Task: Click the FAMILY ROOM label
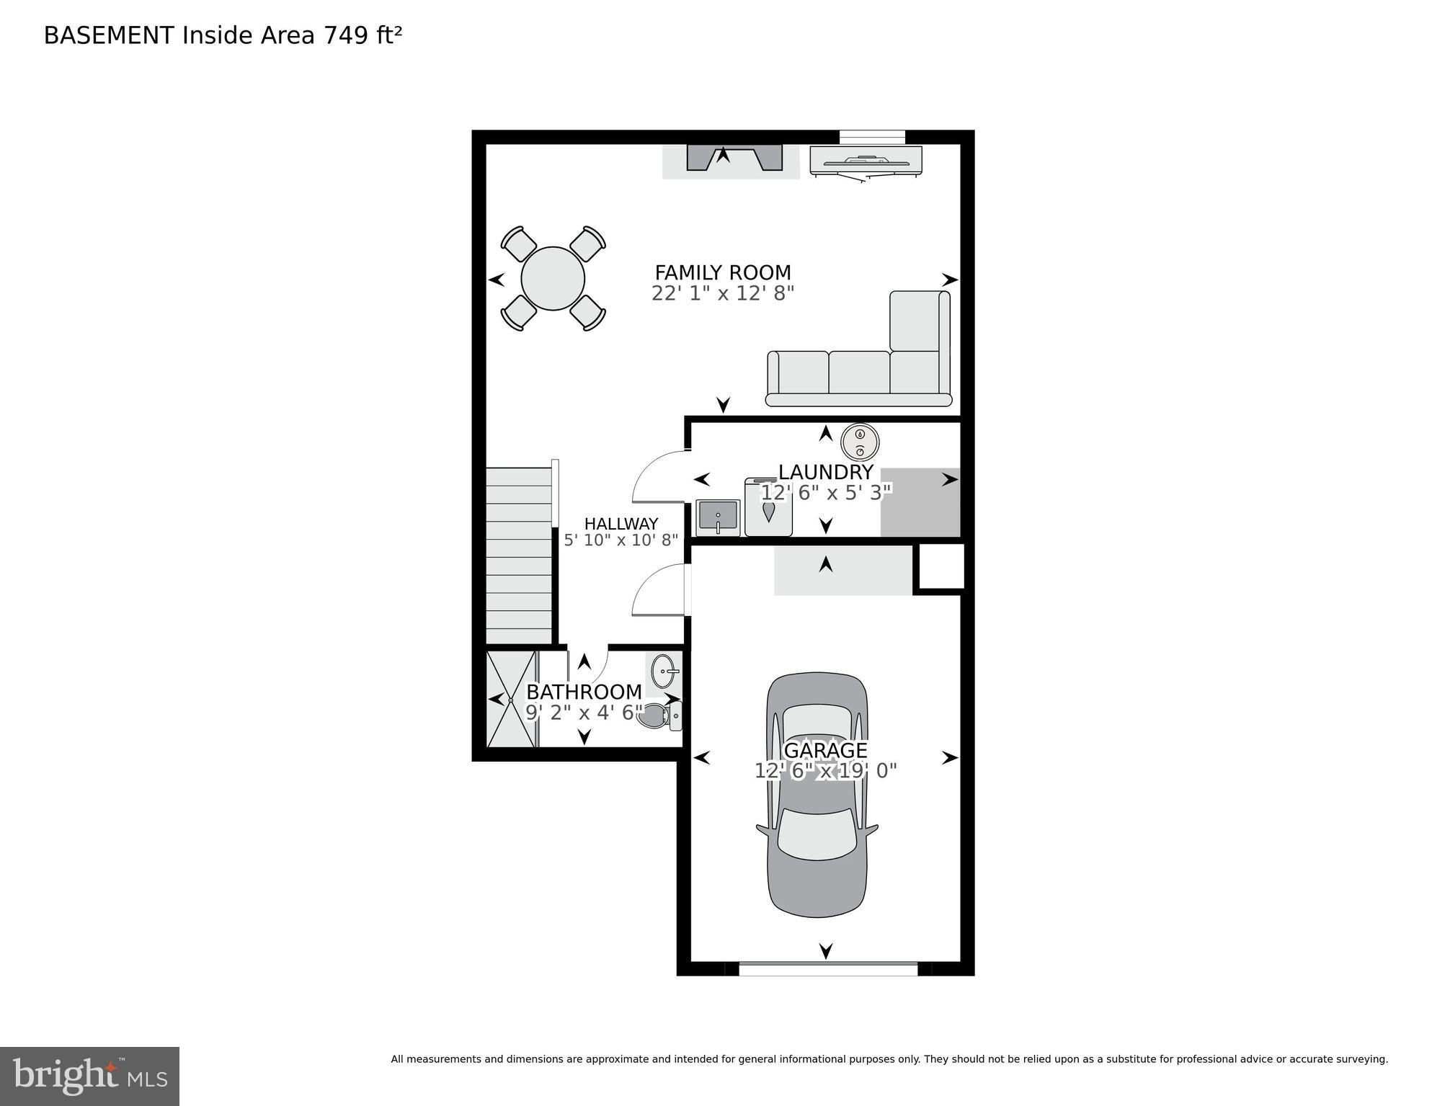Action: [722, 273]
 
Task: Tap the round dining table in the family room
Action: [553, 279]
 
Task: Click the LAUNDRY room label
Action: [825, 473]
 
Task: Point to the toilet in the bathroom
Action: [659, 716]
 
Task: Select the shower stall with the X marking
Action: [511, 700]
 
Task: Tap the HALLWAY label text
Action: [621, 524]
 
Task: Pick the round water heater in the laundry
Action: [860, 442]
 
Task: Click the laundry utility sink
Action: [718, 518]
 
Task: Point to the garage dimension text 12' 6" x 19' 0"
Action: [825, 771]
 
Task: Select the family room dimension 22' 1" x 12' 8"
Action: [722, 294]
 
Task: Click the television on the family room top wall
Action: [866, 161]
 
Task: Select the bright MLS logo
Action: [89, 1076]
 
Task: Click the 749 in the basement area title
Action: [346, 35]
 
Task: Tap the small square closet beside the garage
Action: [940, 566]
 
